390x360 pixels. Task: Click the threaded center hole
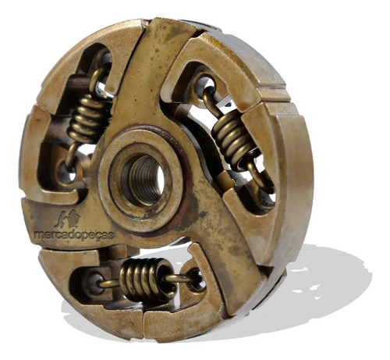click(144, 179)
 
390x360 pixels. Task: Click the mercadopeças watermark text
click(74, 235)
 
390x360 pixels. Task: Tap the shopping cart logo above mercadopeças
click(68, 218)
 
